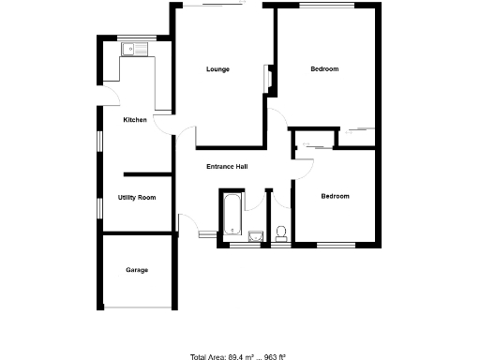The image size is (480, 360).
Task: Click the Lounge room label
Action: [x=217, y=69]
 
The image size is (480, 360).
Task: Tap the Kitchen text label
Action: [x=135, y=120]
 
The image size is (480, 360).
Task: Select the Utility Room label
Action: [x=137, y=198]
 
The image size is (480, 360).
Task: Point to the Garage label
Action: [x=137, y=270]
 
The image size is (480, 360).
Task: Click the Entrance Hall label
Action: [x=227, y=167]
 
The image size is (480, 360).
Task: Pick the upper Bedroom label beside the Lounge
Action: [x=324, y=69]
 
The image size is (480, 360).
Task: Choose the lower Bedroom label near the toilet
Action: [x=335, y=196]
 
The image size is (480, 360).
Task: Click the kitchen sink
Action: [x=141, y=48]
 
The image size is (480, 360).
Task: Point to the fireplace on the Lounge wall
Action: [x=268, y=79]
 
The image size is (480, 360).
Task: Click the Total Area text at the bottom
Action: [x=238, y=356]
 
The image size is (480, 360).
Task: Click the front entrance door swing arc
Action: [x=188, y=225]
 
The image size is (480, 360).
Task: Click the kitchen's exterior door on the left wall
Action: [x=101, y=98]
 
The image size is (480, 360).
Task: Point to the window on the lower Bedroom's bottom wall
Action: [x=336, y=246]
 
